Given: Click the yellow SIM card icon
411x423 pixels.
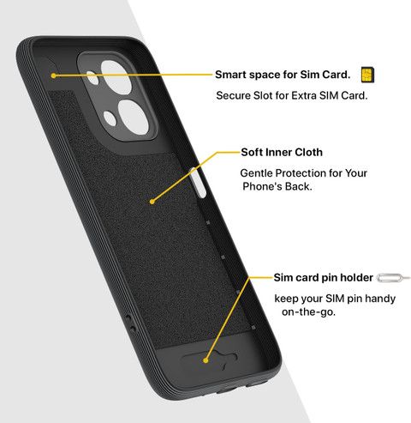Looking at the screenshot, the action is coord(367,75).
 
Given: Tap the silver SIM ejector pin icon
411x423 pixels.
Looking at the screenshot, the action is coord(393,278).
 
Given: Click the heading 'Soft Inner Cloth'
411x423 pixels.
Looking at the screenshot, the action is coord(282,152).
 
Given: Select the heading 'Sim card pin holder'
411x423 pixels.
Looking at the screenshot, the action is coord(323,277).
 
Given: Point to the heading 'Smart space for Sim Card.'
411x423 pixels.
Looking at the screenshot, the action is coord(283,75).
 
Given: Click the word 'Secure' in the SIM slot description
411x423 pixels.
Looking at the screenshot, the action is coord(229,95).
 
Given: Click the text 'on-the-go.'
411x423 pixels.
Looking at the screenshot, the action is coord(308,311).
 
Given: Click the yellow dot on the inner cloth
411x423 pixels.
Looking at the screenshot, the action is coord(152,202).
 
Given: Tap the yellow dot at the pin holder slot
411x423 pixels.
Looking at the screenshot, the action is coord(205,360).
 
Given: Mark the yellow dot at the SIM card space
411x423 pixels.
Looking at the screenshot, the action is coord(54,76).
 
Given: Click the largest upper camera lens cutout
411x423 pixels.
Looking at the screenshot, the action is coord(116,76).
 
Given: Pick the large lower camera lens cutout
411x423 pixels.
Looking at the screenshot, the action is coord(133,118).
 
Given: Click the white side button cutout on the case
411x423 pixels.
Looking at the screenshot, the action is coord(198,183).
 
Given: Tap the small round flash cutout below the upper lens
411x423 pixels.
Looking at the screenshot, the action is coord(110,118).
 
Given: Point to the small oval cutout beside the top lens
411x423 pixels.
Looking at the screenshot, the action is coord(92,78).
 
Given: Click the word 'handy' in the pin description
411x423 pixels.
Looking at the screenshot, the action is coord(380,299).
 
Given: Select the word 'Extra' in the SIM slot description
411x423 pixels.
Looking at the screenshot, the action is coord(304,95).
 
